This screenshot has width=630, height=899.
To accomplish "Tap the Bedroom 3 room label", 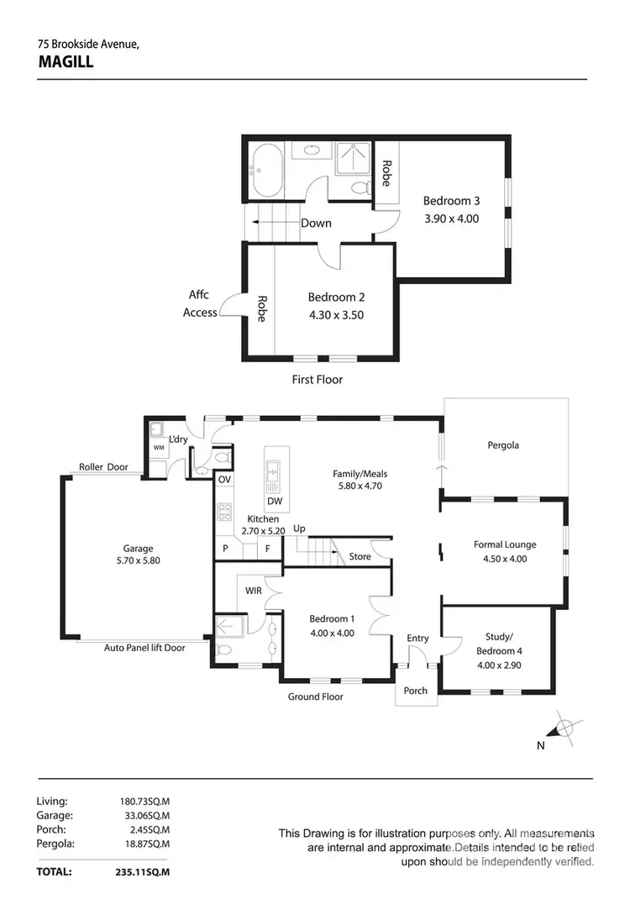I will [x=451, y=201].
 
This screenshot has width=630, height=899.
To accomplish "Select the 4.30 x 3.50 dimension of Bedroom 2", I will [x=336, y=315].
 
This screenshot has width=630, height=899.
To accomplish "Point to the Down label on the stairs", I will [x=316, y=223].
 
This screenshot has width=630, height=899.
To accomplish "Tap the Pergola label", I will [x=503, y=445].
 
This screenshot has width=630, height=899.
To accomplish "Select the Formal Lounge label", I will [x=505, y=544].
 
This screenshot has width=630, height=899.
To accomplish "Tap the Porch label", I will [x=416, y=691].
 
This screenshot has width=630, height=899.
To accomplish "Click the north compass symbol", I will [x=565, y=728].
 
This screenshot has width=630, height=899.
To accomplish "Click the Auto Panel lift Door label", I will [x=144, y=648].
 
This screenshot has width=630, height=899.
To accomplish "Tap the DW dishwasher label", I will [x=275, y=502].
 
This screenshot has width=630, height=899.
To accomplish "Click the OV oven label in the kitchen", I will [x=224, y=480].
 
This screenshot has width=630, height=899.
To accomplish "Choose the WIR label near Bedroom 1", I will [x=254, y=591].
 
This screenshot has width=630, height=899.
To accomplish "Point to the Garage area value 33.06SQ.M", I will [x=145, y=815].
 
